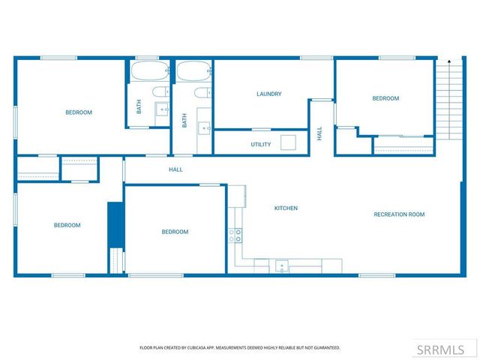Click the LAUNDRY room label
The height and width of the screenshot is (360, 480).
pyautogui.click(x=268, y=94)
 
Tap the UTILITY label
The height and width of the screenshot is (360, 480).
pyautogui.click(x=260, y=144)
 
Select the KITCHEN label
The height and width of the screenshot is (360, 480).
pyautogui.click(x=286, y=208)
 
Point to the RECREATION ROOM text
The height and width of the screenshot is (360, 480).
pyautogui.click(x=399, y=214)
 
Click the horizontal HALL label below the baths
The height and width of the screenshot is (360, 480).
pyautogui.click(x=175, y=169)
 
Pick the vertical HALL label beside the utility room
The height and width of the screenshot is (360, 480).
pyautogui.click(x=319, y=133)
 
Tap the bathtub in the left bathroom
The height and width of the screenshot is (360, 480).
pyautogui.click(x=148, y=73)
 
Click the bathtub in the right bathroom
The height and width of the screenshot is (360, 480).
pyautogui.click(x=193, y=73)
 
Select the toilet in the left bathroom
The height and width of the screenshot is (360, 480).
pyautogui.click(x=160, y=92)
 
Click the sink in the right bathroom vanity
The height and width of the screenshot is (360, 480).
pyautogui.click(x=205, y=128)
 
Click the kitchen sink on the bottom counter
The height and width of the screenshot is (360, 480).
pyautogui.click(x=282, y=265)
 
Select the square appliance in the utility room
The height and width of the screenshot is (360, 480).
pyautogui.click(x=289, y=142)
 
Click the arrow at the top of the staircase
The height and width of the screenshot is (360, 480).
pyautogui.click(x=448, y=61)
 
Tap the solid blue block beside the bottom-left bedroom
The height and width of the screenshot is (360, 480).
pyautogui.click(x=115, y=224)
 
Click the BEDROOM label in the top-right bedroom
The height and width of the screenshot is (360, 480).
pyautogui.click(x=385, y=98)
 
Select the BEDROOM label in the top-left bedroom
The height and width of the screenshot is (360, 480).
pyautogui.click(x=79, y=112)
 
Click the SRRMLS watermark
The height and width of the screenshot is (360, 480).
pyautogui.click(x=447, y=349)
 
